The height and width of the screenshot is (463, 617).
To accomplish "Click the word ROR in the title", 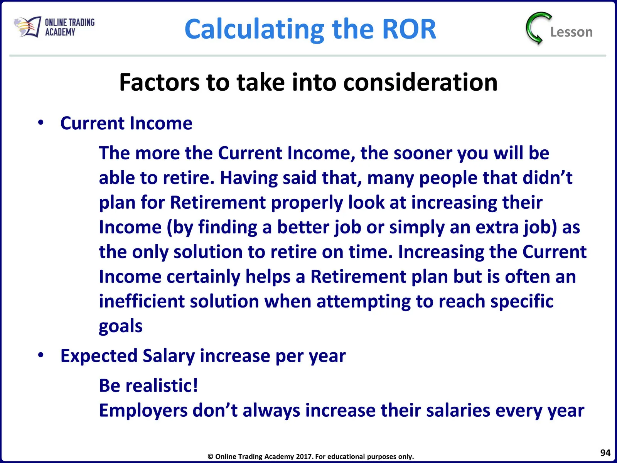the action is click(x=409, y=29).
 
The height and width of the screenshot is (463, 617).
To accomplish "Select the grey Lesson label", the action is click(x=571, y=32).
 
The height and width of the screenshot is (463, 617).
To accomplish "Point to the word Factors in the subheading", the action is click(x=159, y=82).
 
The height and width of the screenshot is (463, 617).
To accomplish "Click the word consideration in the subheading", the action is click(x=420, y=82).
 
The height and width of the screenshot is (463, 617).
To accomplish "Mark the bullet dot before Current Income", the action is click(x=41, y=123).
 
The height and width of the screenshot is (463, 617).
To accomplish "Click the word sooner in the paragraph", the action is click(x=423, y=154).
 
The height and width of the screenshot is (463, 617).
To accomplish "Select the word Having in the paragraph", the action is click(x=249, y=178).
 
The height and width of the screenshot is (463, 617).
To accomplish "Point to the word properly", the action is click(x=307, y=203).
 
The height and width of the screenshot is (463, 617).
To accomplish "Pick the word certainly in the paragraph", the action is click(x=203, y=277).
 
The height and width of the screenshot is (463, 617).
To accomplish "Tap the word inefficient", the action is click(x=142, y=301).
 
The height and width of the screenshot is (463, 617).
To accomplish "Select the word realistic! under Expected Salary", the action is click(x=162, y=385).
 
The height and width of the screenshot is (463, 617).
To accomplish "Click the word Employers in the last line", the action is click(x=143, y=411).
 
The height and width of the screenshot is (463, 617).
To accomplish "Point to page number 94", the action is click(x=605, y=453).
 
